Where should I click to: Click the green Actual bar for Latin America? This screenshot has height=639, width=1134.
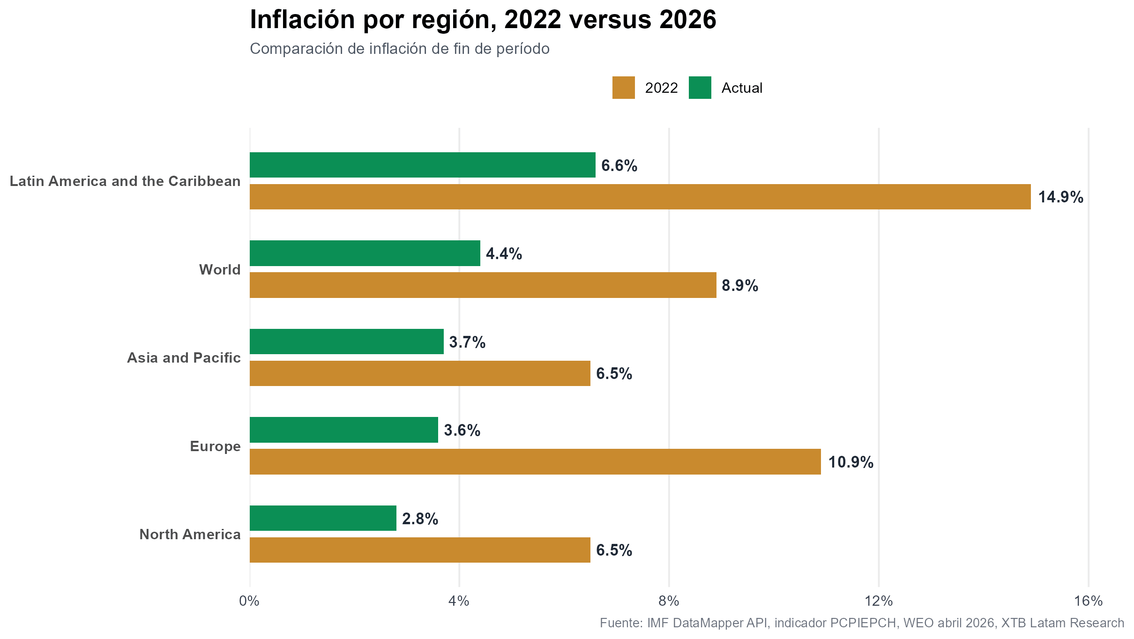coord(422,165)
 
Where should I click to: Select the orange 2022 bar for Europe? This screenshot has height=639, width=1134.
coord(535,461)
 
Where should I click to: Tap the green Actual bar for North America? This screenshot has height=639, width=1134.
coord(323,518)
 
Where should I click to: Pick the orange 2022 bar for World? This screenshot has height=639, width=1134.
coord(483,285)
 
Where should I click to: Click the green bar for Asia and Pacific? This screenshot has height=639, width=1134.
coord(346,342)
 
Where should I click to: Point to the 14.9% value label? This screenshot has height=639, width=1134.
coord(1060,197)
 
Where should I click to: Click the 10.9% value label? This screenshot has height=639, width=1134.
coord(850,462)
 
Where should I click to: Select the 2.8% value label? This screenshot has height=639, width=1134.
coord(420,519)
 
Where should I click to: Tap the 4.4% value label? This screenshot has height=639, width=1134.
coord(504,254)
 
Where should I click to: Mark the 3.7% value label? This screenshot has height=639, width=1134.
coord(467,342)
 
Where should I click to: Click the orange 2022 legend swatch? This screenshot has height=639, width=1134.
coord(623,88)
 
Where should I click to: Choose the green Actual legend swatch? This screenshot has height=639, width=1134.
coord(700,88)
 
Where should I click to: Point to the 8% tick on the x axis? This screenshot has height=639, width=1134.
coord(669,601)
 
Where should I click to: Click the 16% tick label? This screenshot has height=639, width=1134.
coord(1088,601)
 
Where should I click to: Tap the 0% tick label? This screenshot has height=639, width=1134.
coord(249,601)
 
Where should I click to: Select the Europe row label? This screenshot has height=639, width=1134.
coord(215,446)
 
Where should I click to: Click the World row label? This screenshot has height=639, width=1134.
coord(220,270)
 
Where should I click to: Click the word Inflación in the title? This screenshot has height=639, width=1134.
coord(302,20)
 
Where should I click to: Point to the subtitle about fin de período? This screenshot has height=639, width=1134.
coord(399,49)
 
